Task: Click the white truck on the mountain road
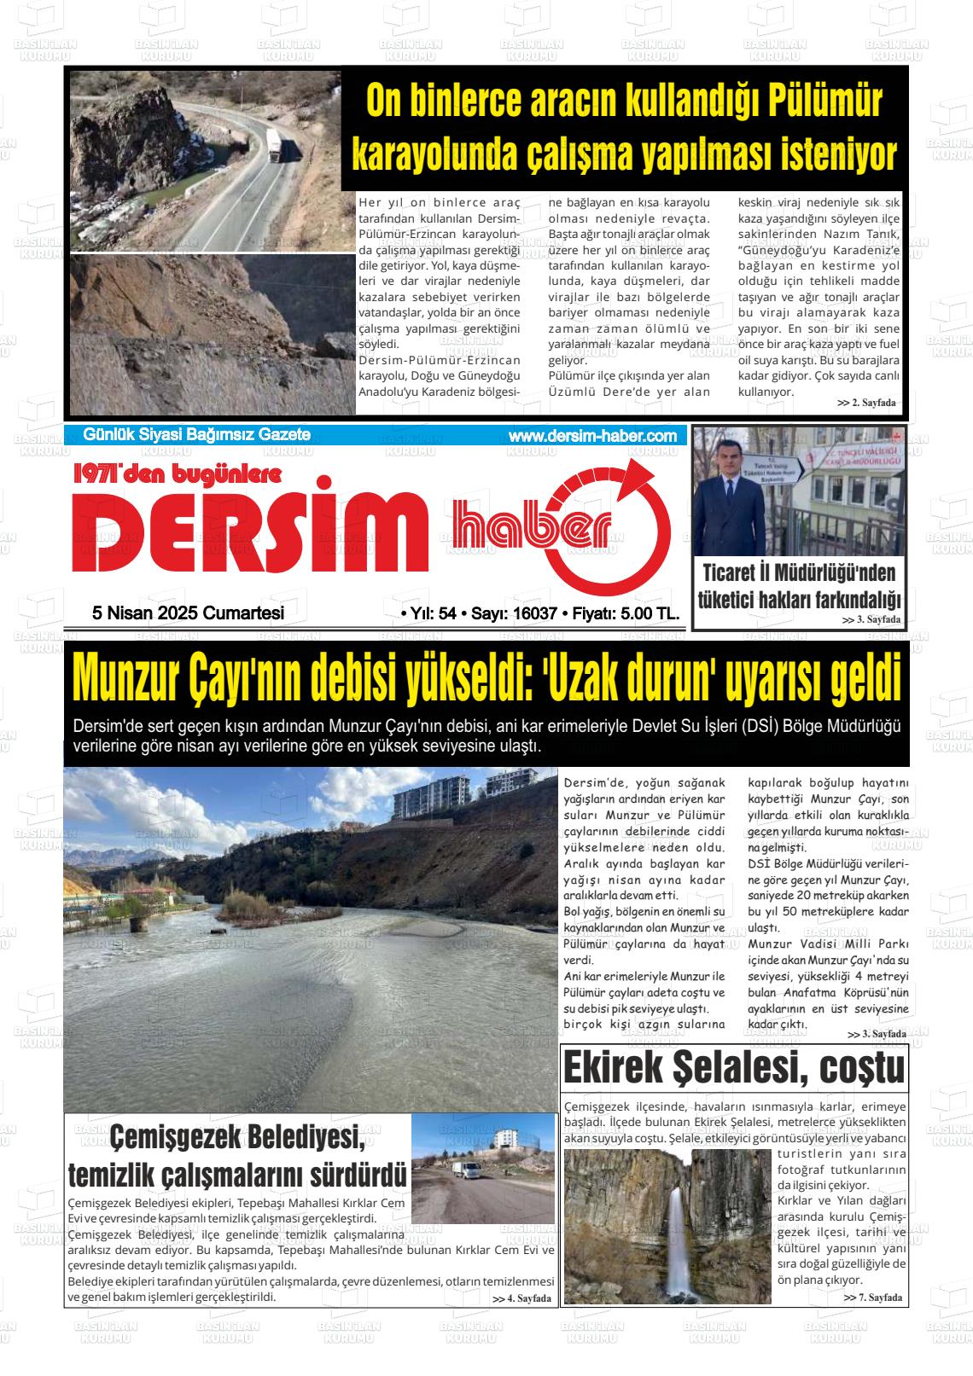pos(276,144)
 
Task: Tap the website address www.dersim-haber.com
pos(592,436)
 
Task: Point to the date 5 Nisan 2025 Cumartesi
pos(188,613)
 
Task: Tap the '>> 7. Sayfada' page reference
pos(872,1298)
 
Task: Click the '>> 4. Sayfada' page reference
pos(521,1298)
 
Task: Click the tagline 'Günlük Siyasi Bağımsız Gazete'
pos(196,435)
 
